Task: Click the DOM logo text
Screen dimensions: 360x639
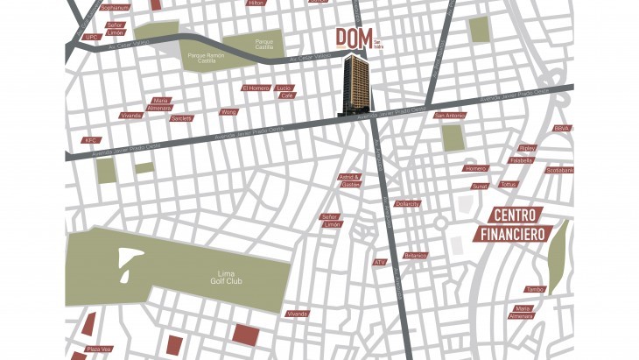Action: tap(355, 39)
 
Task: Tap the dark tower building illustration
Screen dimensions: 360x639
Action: tap(357, 85)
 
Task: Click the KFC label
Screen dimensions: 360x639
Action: tap(90, 140)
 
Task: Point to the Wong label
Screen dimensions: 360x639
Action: tap(228, 112)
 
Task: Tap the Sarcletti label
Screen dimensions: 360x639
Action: tap(182, 118)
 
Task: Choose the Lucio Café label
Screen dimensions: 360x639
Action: tap(284, 92)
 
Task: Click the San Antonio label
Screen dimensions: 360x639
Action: tap(449, 116)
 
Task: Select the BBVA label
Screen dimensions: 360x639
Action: tap(562, 129)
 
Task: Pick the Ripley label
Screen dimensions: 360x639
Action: tap(527, 148)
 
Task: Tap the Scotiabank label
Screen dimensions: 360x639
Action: tap(559, 170)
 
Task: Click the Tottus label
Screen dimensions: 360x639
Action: tap(509, 185)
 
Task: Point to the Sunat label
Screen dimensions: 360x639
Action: tap(479, 187)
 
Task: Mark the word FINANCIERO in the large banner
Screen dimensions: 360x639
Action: tap(513, 234)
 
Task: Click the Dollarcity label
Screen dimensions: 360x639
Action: tap(407, 203)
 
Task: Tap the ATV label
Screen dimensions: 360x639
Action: tap(380, 262)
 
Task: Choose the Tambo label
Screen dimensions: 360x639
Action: tap(535, 289)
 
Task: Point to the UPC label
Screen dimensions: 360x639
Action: tap(91, 38)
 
